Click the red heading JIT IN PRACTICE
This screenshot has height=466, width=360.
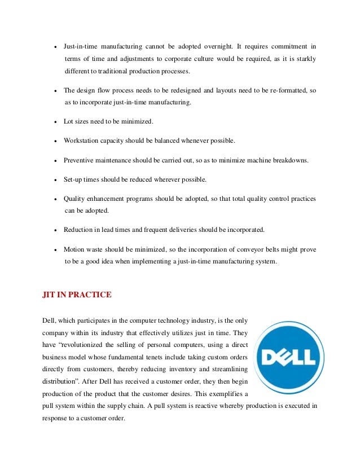(77, 294)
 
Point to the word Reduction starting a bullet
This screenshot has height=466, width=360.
(78, 230)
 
